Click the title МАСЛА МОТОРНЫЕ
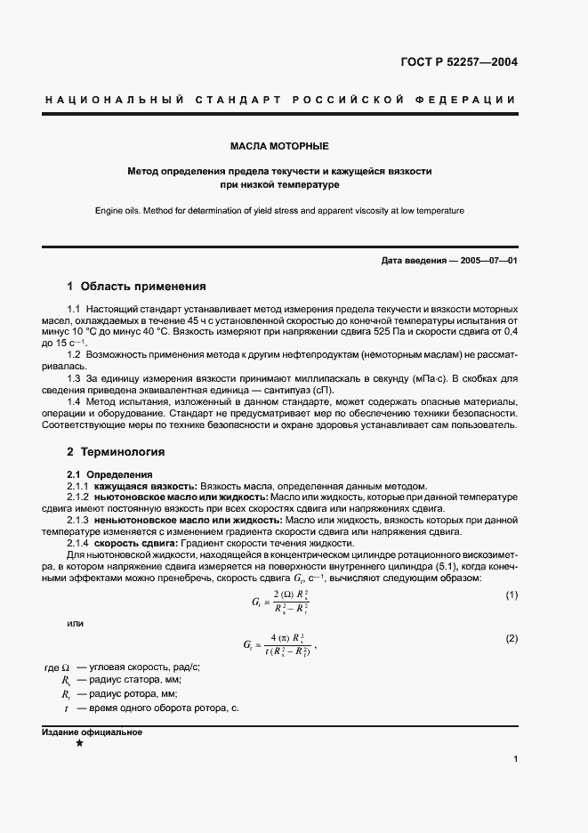click(x=279, y=145)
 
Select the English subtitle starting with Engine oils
click(x=279, y=211)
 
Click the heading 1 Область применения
click(x=136, y=287)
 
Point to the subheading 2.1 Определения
click(x=110, y=474)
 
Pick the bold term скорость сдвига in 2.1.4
click(x=136, y=544)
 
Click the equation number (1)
click(x=511, y=594)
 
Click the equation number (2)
click(x=511, y=639)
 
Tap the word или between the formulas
click(x=76, y=623)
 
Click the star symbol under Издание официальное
click(x=79, y=743)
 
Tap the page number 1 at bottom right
click(x=515, y=759)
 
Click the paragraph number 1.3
click(x=76, y=378)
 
